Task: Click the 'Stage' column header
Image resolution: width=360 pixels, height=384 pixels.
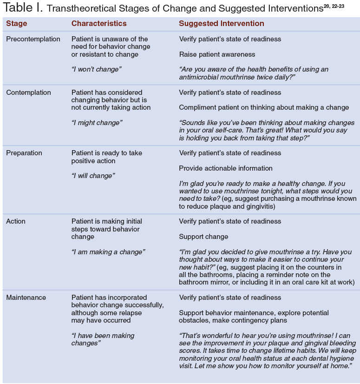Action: click(16, 24)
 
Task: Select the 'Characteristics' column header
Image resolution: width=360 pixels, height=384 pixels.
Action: click(98, 24)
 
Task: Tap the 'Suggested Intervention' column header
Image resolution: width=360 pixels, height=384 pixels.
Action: click(222, 24)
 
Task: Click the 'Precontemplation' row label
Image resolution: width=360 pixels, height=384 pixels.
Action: click(33, 39)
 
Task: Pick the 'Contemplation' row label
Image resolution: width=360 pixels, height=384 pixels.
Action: click(28, 93)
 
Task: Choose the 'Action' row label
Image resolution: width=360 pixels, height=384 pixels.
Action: click(15, 221)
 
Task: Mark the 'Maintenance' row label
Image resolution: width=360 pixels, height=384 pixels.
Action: click(26, 298)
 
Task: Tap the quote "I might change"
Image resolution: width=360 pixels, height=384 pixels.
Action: click(97, 123)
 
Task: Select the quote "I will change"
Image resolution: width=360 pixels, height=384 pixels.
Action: click(93, 176)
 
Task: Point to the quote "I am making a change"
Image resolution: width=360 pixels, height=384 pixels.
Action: click(108, 252)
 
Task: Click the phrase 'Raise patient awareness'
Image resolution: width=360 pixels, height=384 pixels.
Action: click(217, 54)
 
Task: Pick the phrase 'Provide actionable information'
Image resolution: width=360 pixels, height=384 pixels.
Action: click(226, 168)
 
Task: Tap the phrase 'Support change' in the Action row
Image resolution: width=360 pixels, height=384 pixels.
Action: click(203, 237)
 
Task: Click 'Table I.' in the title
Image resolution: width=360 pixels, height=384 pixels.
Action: click(22, 8)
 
